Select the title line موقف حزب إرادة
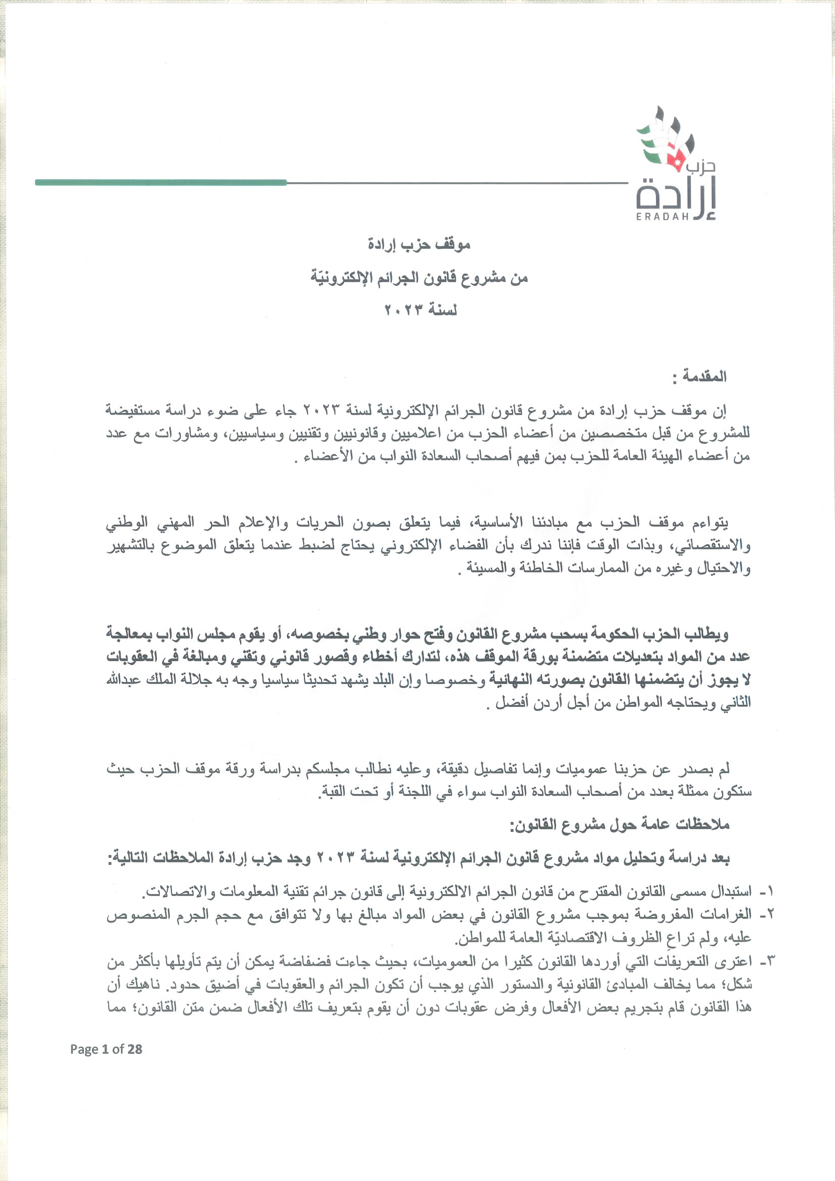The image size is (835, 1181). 419,245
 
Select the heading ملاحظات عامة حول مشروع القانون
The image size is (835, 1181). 619,826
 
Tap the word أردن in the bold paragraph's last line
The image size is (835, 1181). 551,704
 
